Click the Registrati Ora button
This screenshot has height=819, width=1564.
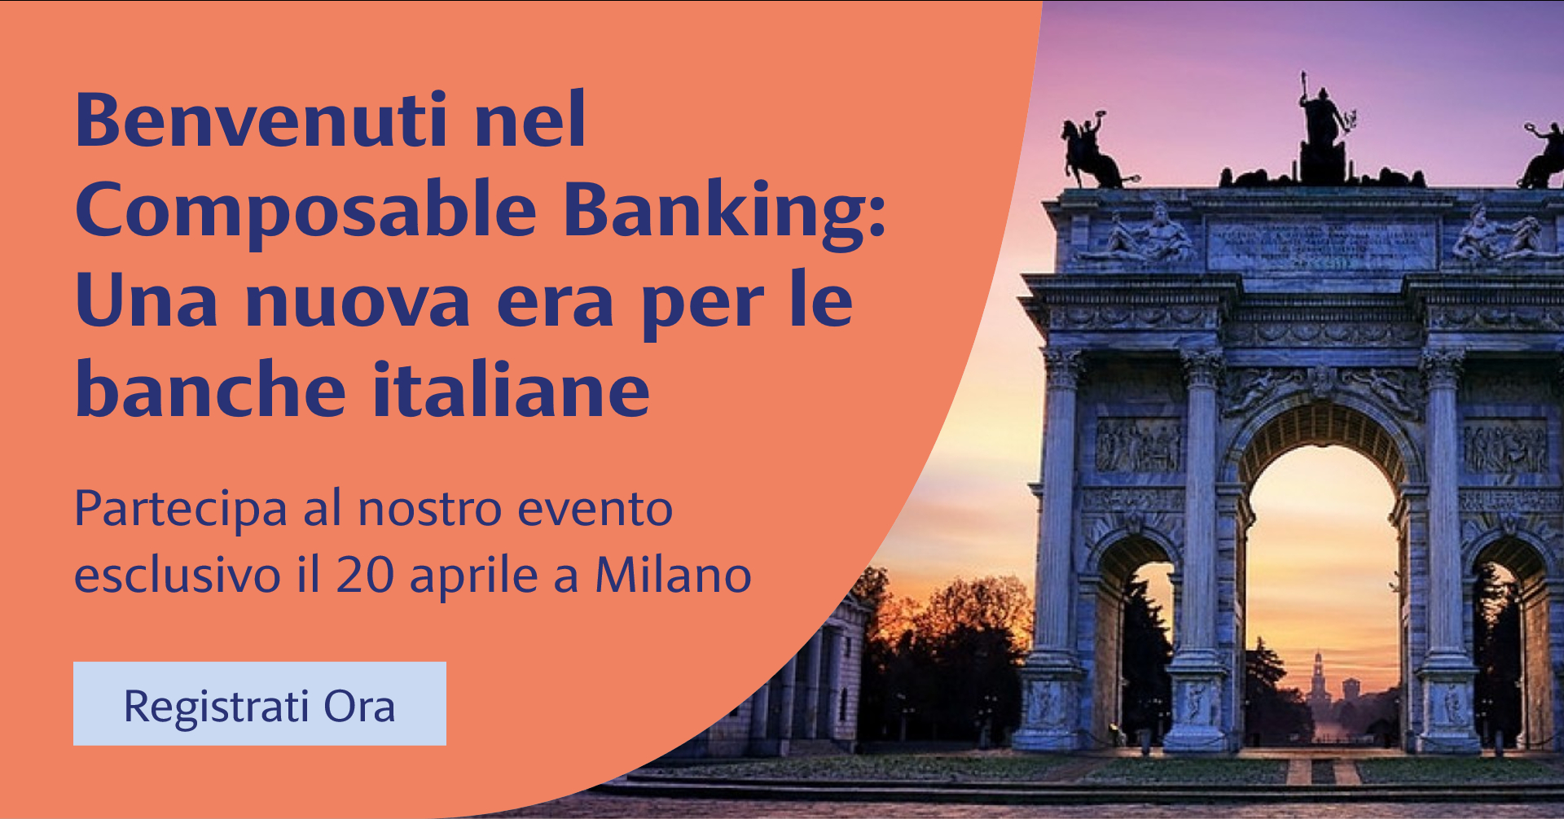click(x=260, y=703)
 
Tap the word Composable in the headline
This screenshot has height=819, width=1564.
click(x=306, y=211)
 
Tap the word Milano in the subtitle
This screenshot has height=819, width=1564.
click(x=673, y=575)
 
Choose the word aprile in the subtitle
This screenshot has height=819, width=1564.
click(x=473, y=576)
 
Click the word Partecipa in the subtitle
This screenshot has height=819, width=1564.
click(x=181, y=510)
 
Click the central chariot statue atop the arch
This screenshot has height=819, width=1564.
click(x=1322, y=130)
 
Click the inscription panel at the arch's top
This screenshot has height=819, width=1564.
click(x=1321, y=245)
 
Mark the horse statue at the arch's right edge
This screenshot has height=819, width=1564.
click(x=1542, y=155)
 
